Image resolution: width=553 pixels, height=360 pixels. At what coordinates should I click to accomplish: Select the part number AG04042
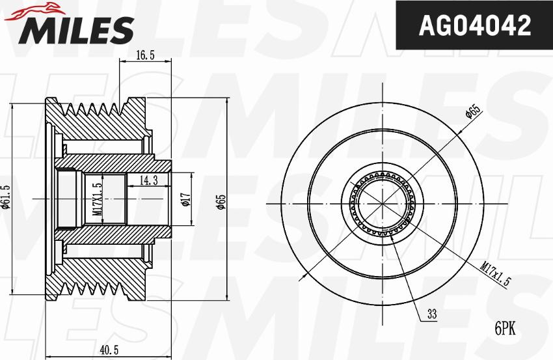click(474, 25)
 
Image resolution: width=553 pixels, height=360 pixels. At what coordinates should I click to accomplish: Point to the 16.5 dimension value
click(145, 56)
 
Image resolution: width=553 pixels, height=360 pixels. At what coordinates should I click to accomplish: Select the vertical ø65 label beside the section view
click(221, 202)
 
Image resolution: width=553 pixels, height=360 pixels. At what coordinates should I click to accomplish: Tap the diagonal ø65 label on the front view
click(473, 111)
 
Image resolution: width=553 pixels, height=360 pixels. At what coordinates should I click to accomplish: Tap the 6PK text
click(505, 329)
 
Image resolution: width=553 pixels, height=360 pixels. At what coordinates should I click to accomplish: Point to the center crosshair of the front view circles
click(384, 202)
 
